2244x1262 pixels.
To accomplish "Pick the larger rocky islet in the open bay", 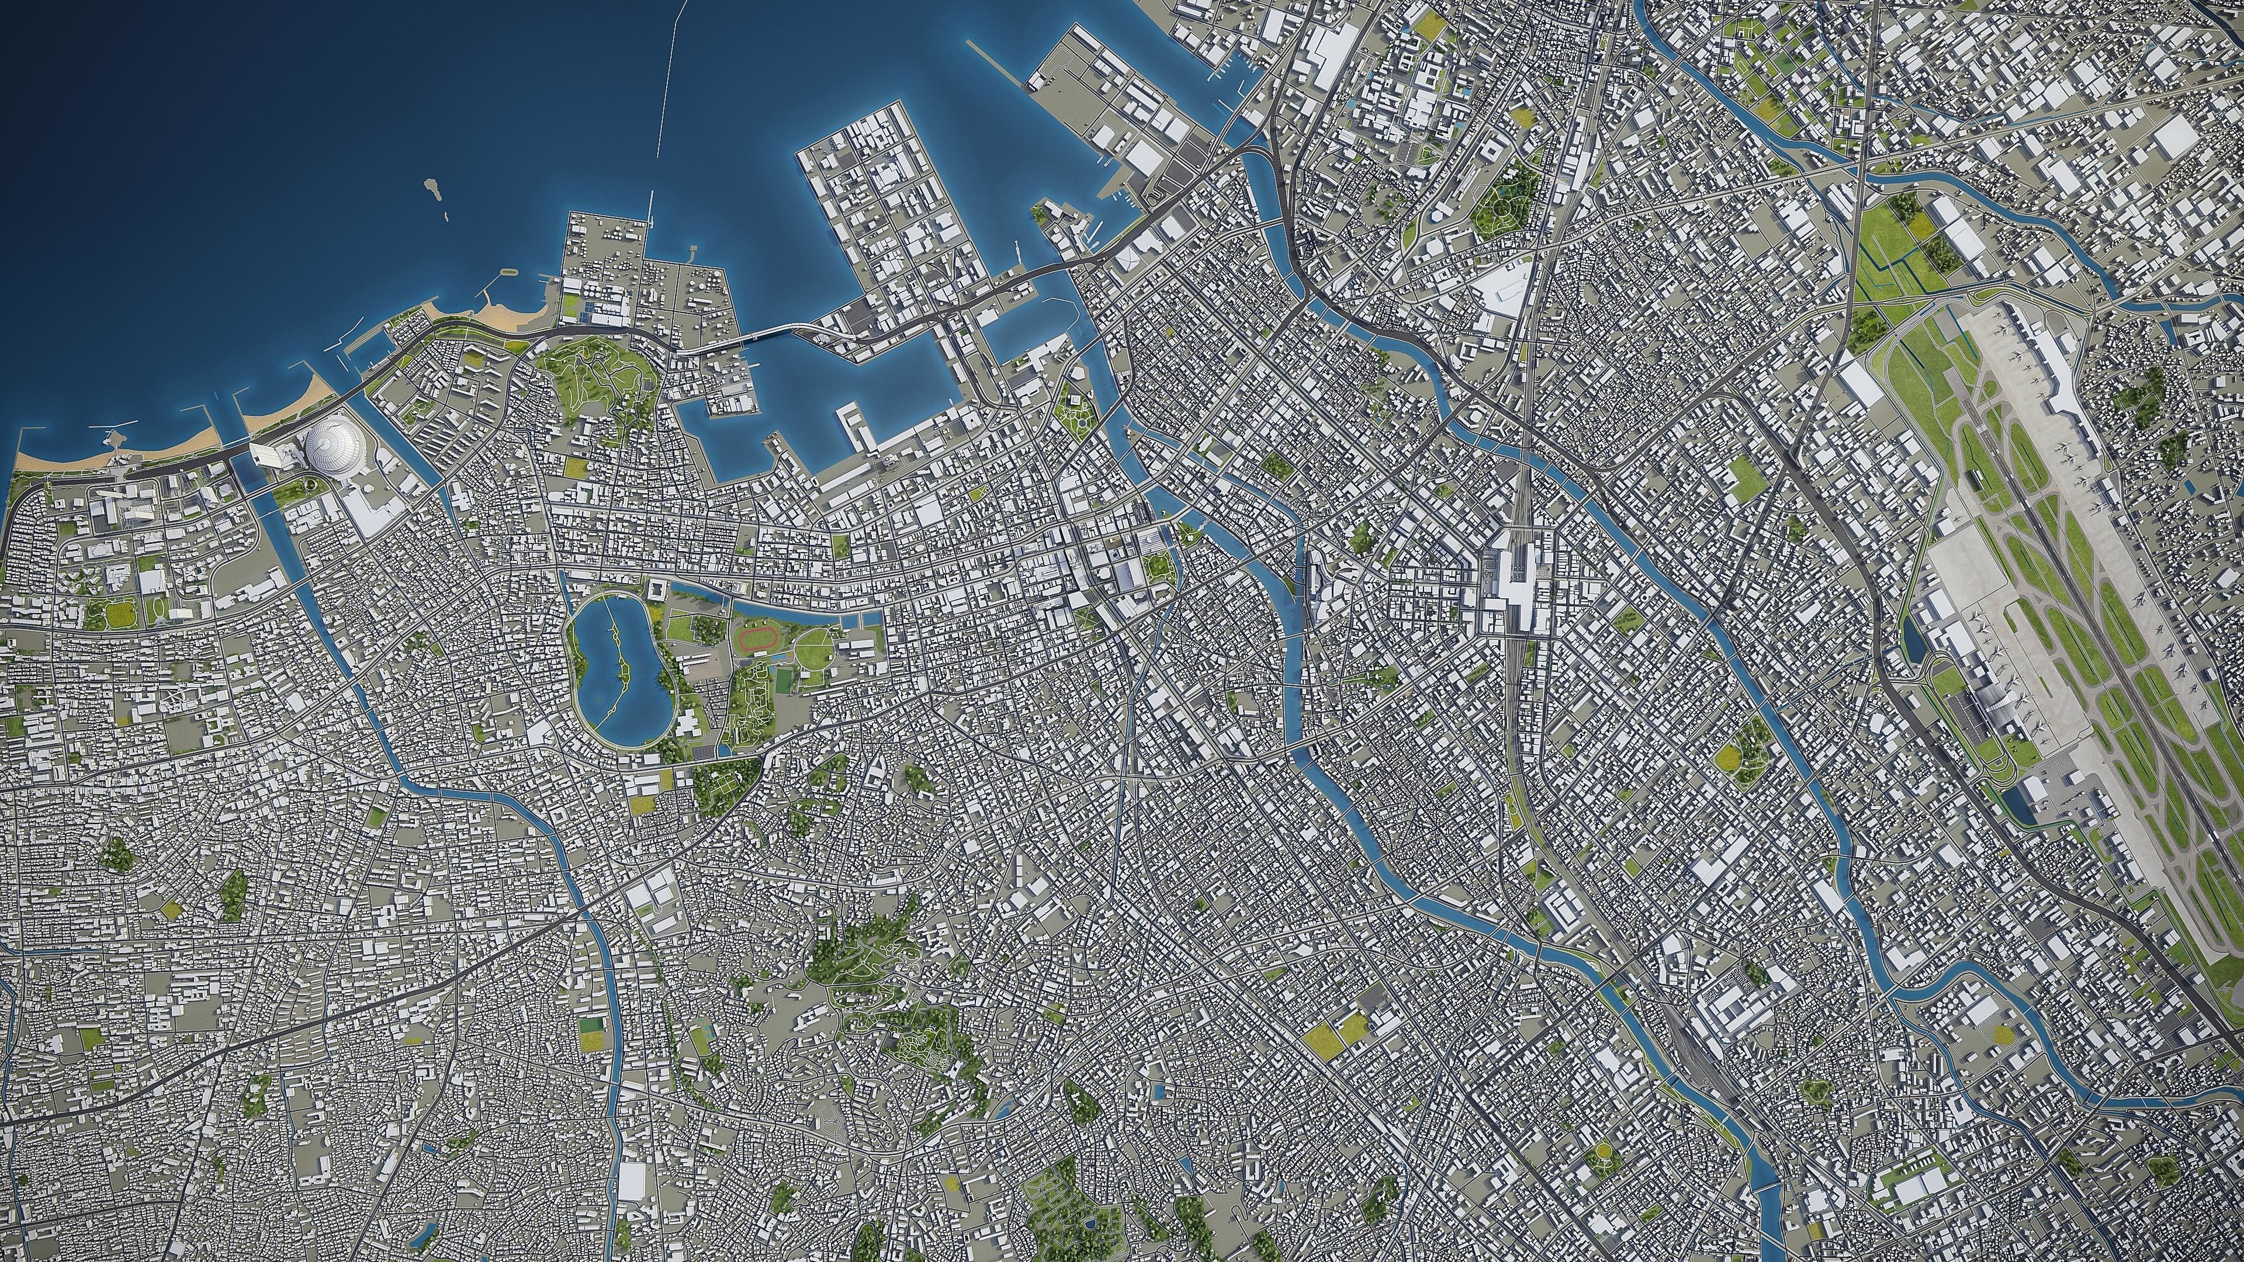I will click(430, 186).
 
